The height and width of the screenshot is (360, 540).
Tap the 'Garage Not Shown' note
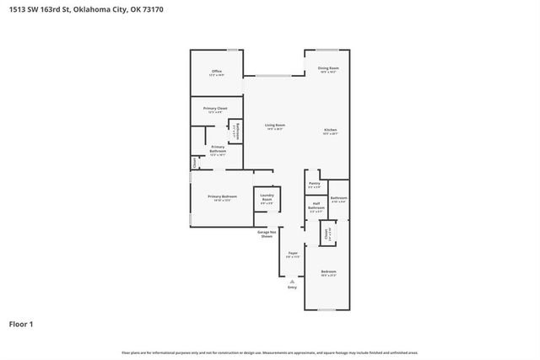267,234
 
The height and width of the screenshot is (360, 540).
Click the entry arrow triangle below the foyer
292,281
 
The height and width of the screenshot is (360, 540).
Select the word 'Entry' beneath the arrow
292,287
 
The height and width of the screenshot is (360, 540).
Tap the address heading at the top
77,9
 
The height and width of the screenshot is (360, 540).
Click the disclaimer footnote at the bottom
269,352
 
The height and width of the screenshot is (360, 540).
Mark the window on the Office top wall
232,50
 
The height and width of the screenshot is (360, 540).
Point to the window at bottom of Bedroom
326,309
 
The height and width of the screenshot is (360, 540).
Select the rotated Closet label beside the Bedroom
324,234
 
